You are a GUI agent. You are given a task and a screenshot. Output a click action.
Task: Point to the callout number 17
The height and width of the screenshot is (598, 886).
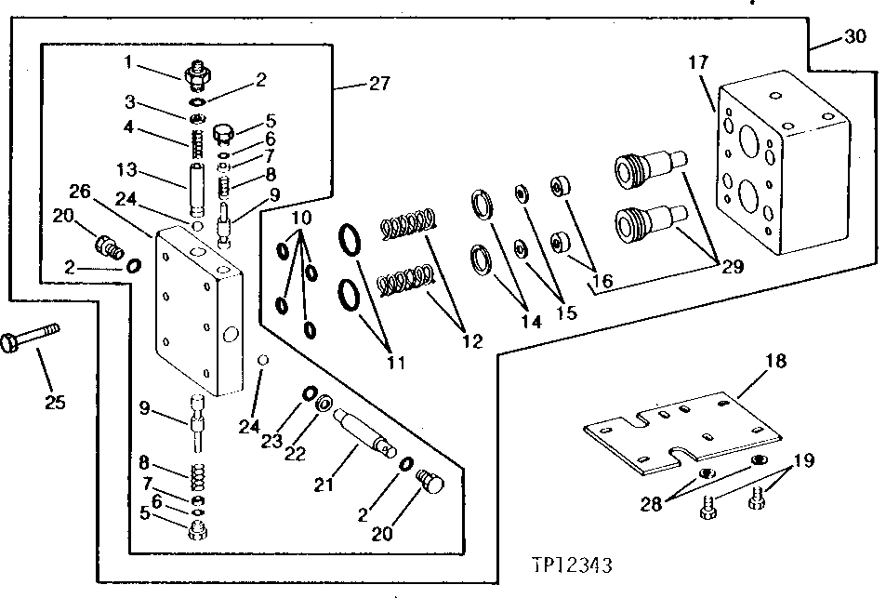[x=699, y=63]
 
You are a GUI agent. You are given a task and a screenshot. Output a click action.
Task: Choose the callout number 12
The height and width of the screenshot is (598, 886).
[x=470, y=341]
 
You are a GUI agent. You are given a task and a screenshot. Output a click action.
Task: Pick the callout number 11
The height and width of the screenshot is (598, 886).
[x=397, y=361]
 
